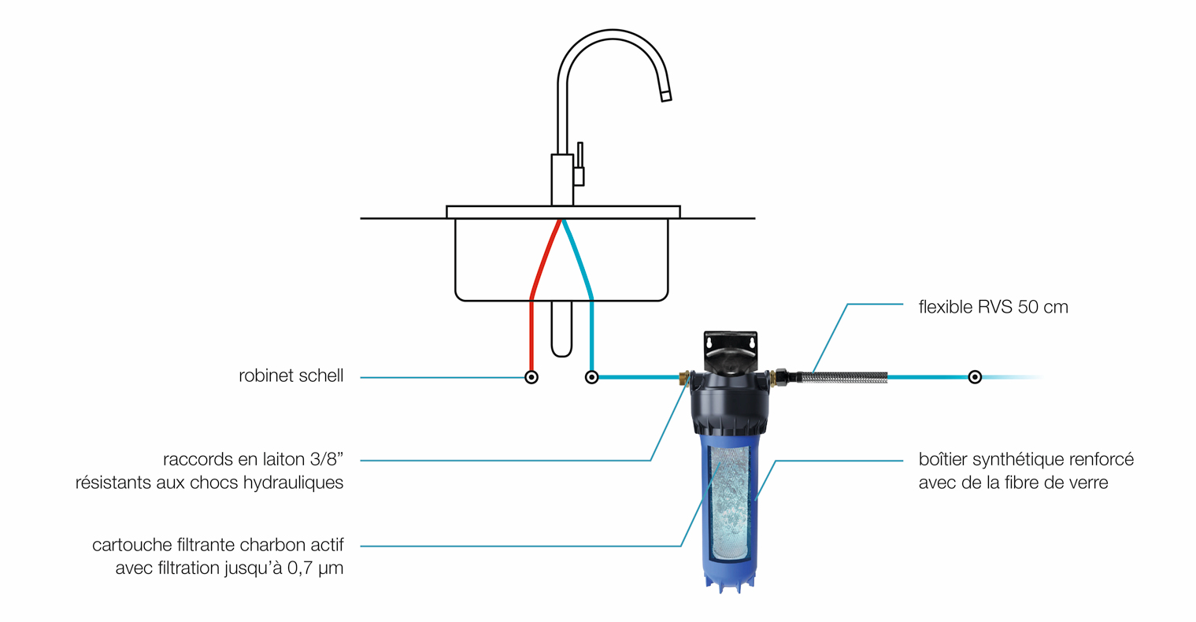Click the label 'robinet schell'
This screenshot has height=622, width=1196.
pyautogui.click(x=291, y=376)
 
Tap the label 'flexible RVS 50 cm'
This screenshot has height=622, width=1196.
pyautogui.click(x=993, y=307)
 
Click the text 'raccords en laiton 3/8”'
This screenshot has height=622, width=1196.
pyautogui.click(x=253, y=459)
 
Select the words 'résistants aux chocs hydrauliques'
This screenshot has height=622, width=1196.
pyautogui.click(x=209, y=483)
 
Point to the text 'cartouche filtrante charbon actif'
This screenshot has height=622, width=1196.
pyautogui.click(x=218, y=545)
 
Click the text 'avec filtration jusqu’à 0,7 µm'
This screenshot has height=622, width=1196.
pyautogui.click(x=230, y=568)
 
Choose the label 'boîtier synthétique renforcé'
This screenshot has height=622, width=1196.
pyautogui.click(x=1026, y=459)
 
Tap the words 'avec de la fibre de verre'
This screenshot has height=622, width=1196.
pyautogui.click(x=1013, y=483)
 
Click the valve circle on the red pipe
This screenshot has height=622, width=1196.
pyautogui.click(x=531, y=377)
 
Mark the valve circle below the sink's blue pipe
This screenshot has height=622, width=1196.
pyautogui.click(x=591, y=377)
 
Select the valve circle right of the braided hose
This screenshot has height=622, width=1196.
pyautogui.click(x=975, y=377)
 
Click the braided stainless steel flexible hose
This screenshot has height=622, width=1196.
pyautogui.click(x=843, y=377)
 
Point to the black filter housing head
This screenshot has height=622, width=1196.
pyautogui.click(x=731, y=404)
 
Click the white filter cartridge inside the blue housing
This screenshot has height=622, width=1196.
pyautogui.click(x=729, y=504)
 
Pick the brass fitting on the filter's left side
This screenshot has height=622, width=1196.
pyautogui.click(x=684, y=378)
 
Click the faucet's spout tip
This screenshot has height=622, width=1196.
pyautogui.click(x=666, y=96)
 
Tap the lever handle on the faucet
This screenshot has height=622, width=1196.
pyautogui.click(x=579, y=164)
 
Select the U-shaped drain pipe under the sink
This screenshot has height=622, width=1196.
pyautogui.click(x=561, y=329)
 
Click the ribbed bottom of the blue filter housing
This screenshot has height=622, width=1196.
pyautogui.click(x=729, y=581)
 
